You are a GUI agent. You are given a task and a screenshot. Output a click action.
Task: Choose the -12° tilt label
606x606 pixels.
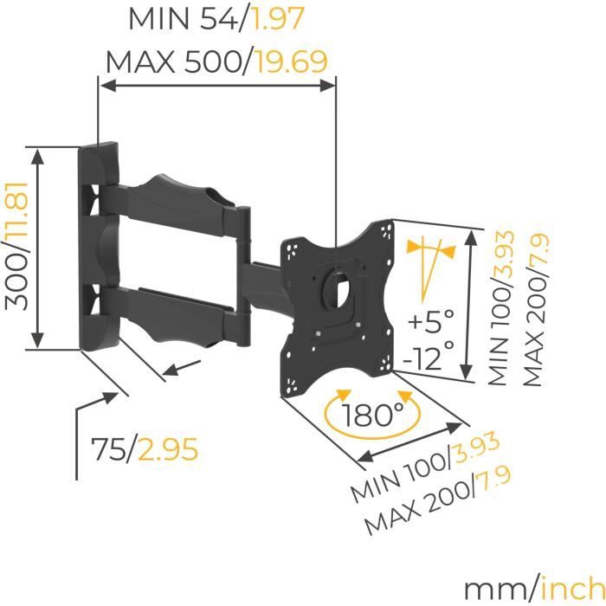[428, 355]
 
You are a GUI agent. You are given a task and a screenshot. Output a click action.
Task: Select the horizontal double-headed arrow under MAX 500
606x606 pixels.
[216, 85]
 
